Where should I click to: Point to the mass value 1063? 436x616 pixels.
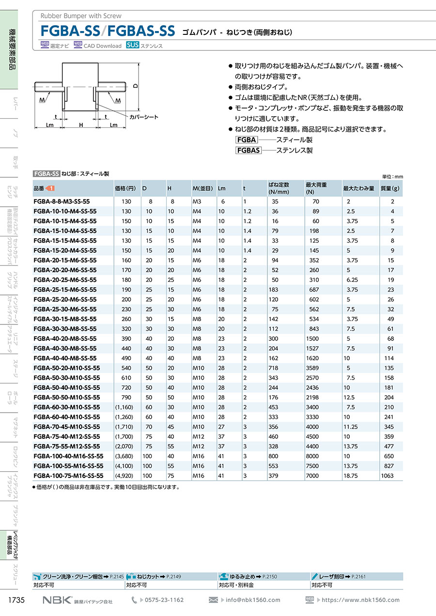388,476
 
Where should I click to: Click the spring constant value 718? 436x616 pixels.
275,368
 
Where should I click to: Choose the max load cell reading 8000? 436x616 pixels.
312,456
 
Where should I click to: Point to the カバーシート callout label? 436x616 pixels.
144,117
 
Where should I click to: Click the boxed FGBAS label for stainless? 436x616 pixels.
248,150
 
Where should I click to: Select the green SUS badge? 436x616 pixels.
133,46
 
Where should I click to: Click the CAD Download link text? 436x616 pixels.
102,46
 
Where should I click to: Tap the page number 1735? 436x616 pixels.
17,600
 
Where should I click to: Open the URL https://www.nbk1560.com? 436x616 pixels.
360,600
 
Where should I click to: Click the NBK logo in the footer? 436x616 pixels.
56,600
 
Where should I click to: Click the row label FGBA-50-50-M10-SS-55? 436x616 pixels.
67,397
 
